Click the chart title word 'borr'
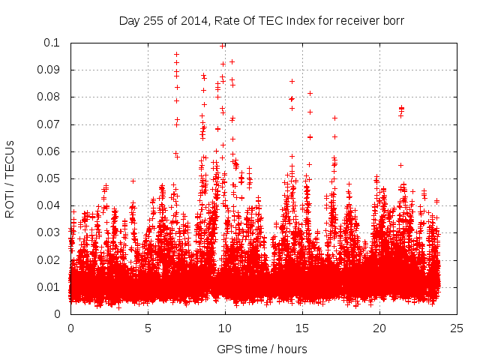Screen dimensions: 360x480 (x=393, y=21)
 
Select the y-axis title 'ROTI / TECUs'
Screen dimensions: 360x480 (x=10, y=178)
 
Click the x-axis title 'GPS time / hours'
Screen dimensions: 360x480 (x=262, y=349)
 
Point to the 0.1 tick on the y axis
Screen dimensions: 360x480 (x=53, y=43)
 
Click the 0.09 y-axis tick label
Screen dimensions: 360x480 (x=50, y=70)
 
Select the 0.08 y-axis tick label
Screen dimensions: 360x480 (x=50, y=97)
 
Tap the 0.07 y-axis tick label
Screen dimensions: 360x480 (x=50, y=124)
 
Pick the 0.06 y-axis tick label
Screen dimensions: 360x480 (x=50, y=151)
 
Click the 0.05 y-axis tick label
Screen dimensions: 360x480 (x=50, y=178)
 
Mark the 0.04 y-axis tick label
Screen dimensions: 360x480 (x=50, y=205)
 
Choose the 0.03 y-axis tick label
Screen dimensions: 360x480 (x=50, y=232)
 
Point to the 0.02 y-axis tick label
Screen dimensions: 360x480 (x=50, y=260)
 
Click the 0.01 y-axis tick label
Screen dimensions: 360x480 (x=50, y=287)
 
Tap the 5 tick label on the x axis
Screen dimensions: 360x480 (x=148, y=328)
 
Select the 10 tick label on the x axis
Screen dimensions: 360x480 (x=225, y=328)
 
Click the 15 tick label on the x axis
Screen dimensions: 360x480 (x=302, y=328)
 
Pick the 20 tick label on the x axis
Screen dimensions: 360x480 (x=379, y=328)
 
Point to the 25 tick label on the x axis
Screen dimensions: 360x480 (x=457, y=328)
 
